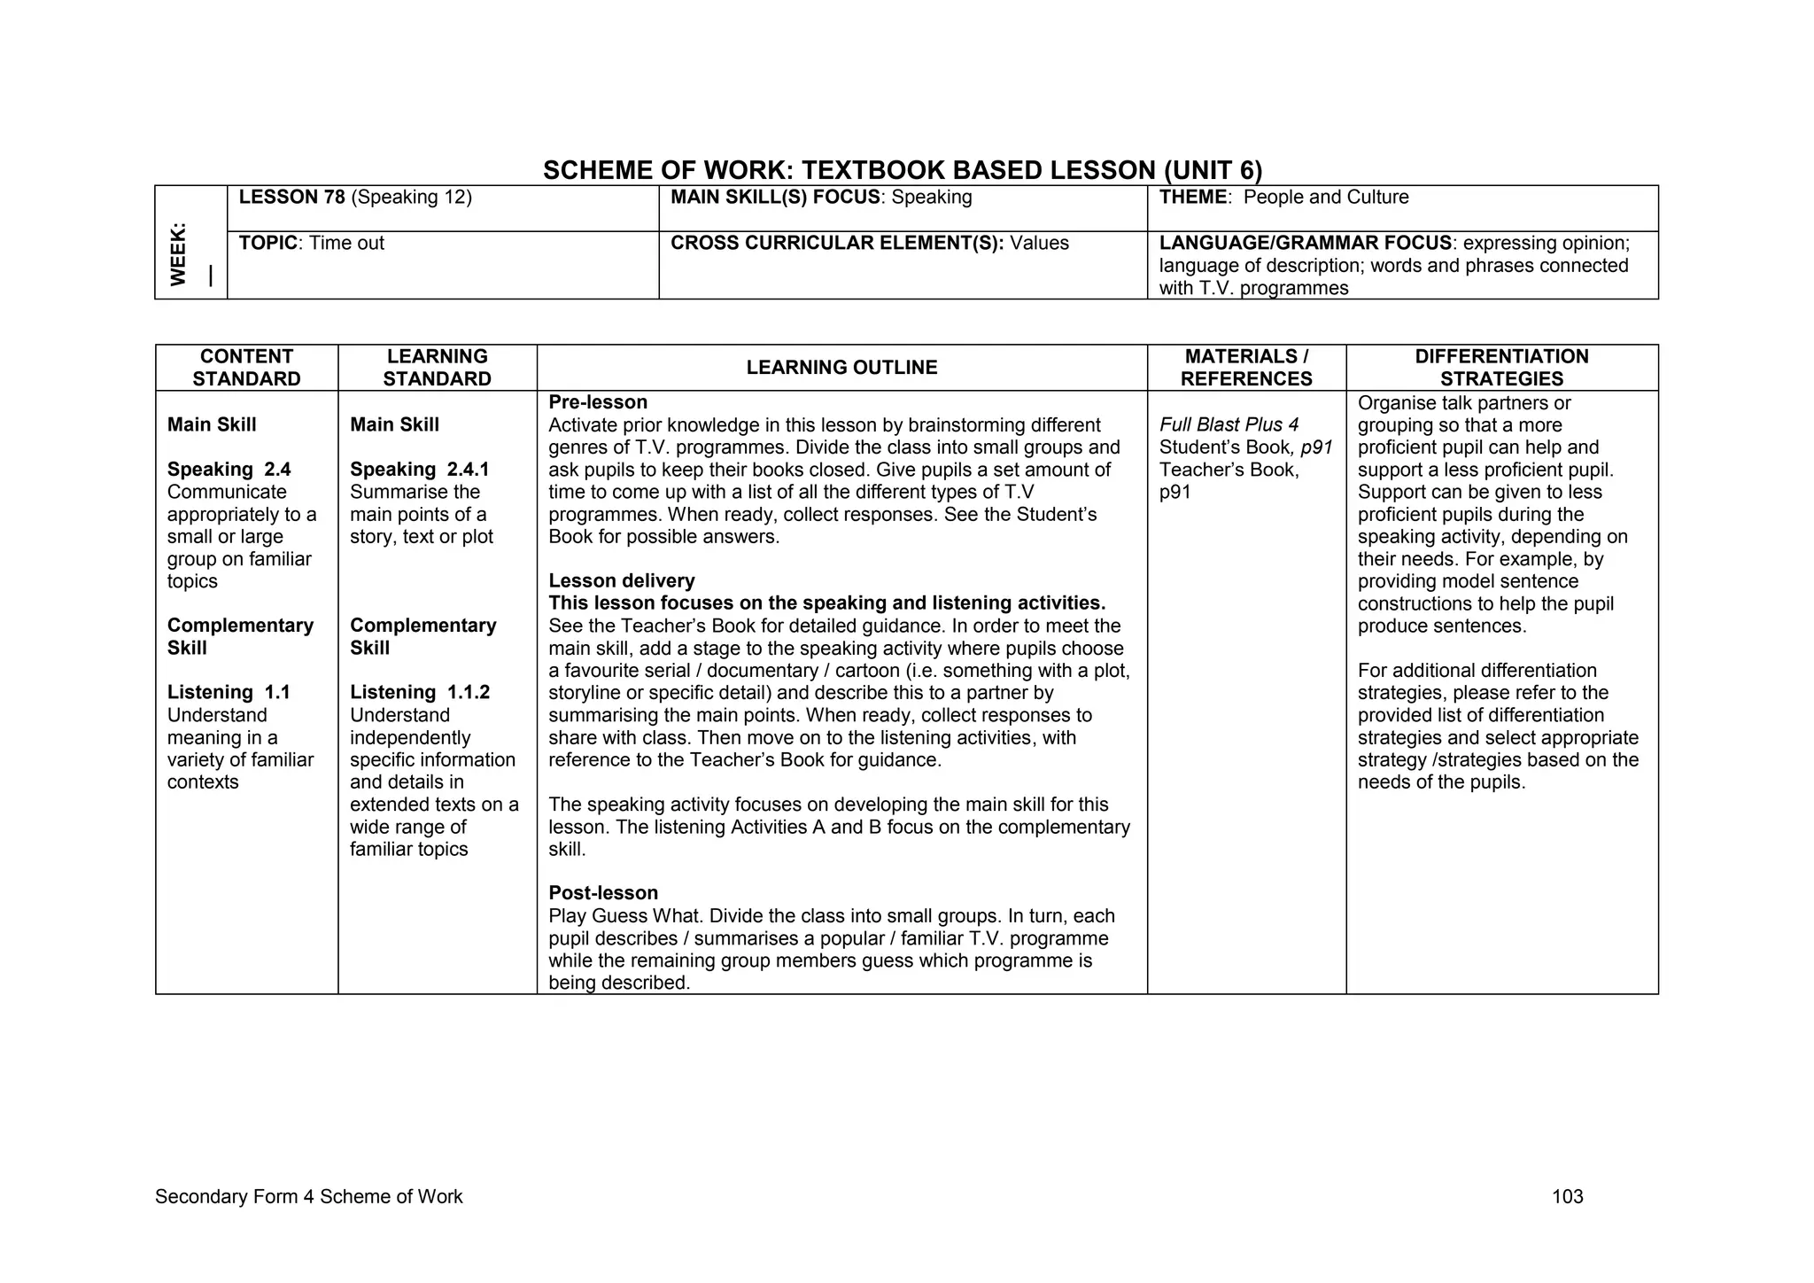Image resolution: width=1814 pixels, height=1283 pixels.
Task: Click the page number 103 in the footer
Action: click(1567, 1197)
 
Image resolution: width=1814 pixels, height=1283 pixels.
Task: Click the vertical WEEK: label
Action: click(179, 254)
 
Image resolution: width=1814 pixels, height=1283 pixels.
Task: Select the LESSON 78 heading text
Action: click(291, 198)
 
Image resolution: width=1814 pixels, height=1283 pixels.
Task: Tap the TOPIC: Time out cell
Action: click(312, 244)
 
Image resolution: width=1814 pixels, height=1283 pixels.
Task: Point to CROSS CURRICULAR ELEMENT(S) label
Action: click(836, 244)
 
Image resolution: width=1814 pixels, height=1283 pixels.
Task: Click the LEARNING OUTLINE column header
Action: click(841, 368)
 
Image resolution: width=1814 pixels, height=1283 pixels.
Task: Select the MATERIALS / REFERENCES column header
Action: click(1246, 368)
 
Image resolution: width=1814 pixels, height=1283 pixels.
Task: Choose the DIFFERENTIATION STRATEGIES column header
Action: click(1501, 368)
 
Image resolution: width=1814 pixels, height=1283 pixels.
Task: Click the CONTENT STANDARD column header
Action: click(246, 368)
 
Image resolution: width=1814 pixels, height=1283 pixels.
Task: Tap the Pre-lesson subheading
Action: click(598, 402)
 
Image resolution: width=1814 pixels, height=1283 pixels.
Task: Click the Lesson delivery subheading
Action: click(622, 581)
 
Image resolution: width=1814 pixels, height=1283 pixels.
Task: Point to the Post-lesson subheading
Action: click(603, 893)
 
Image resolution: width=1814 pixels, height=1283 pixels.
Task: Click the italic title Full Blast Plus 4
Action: click(1229, 425)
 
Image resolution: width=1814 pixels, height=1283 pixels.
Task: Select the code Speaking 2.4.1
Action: click(419, 470)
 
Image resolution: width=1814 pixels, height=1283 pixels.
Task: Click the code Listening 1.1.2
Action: click(420, 693)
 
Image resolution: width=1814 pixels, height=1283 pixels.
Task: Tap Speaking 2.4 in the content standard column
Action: click(229, 470)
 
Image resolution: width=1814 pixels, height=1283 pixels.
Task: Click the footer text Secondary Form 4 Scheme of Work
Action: click(308, 1197)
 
